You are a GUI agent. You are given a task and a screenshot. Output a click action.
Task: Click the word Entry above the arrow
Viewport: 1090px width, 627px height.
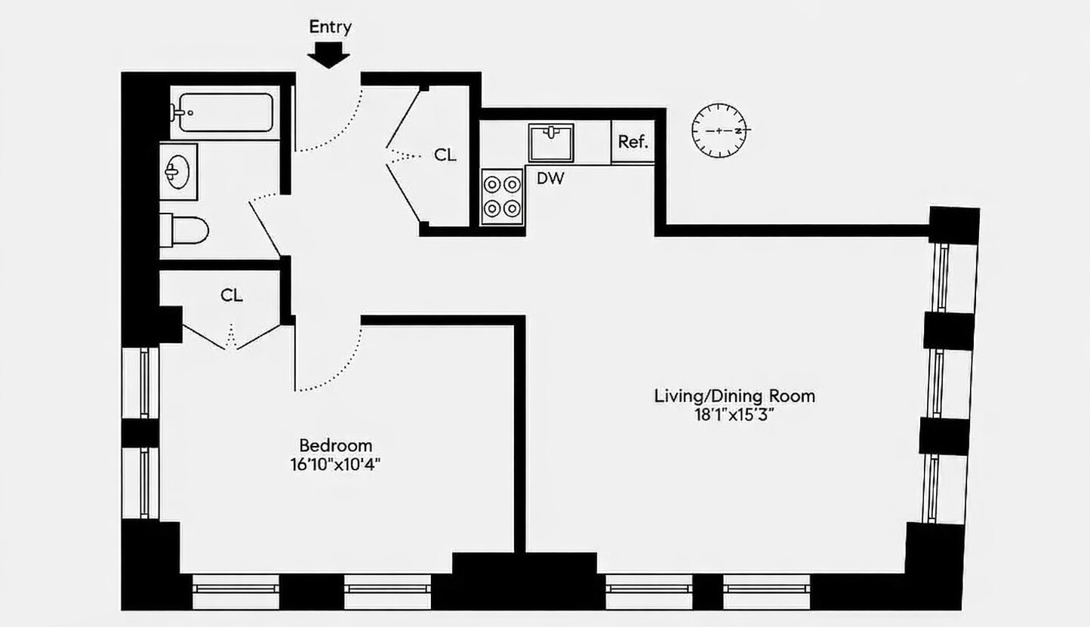pos(330,27)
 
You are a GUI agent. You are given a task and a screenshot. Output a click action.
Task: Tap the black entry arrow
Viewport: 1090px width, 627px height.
pos(328,54)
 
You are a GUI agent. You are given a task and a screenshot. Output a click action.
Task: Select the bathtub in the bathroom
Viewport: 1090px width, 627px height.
pos(225,112)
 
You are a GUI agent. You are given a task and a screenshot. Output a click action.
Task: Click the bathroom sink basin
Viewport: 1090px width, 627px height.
pos(177,172)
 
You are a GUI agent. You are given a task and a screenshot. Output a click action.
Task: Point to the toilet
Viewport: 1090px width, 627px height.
pos(184,230)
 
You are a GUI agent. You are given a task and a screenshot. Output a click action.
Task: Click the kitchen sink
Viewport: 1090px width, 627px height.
pos(551,143)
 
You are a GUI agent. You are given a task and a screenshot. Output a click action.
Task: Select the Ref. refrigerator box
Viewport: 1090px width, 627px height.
pos(633,142)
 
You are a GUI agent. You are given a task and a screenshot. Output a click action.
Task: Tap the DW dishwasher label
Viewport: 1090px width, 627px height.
pos(550,179)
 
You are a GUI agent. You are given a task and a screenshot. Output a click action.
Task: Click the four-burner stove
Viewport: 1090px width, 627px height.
pos(502,196)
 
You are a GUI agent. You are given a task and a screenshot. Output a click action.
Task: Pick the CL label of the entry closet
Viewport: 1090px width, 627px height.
pos(445,155)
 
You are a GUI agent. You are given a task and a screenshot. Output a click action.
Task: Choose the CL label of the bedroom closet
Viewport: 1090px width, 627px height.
pos(231,295)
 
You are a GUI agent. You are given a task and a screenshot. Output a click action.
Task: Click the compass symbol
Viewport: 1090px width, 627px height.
pos(719,131)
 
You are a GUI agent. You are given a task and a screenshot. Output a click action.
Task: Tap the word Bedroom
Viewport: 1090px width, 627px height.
pos(335,446)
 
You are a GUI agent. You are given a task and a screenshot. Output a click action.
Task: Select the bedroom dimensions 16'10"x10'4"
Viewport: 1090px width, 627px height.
pos(335,465)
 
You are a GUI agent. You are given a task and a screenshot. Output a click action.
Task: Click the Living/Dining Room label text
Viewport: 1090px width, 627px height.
pos(734,396)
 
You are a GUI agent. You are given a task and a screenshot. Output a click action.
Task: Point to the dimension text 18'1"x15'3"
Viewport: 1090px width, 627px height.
pos(734,416)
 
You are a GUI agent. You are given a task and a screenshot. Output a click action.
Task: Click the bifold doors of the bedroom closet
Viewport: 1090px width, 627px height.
pos(231,337)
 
